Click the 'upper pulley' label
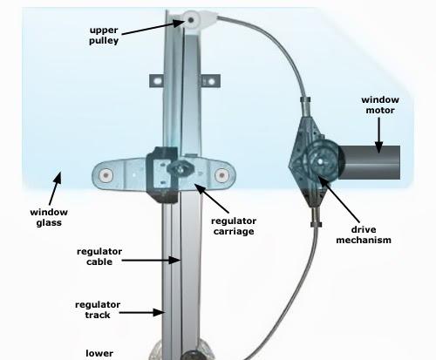pyautogui.click(x=104, y=35)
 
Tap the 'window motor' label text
pyautogui.click(x=380, y=105)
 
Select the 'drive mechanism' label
pyautogui.click(x=364, y=234)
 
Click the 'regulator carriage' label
pyautogui.click(x=234, y=226)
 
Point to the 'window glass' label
pyautogui.click(x=49, y=217)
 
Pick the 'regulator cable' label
pyautogui.click(x=99, y=256)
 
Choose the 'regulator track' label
pyautogui.click(x=98, y=309)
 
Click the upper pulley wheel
pyautogui.click(x=192, y=20)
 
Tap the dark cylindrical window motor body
pyautogui.click(x=371, y=162)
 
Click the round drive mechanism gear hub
pyautogui.click(x=320, y=160)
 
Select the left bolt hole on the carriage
pyautogui.click(x=106, y=175)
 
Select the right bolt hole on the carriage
pyautogui.click(x=221, y=175)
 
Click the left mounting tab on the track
pyautogui.click(x=156, y=81)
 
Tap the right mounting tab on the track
pyautogui.click(x=211, y=81)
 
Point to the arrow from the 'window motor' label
pyautogui.click(x=378, y=135)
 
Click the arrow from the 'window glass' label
pyautogui.click(x=55, y=188)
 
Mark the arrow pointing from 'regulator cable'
pyautogui.click(x=152, y=261)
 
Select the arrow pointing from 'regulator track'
pyautogui.click(x=142, y=313)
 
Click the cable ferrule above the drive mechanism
pyautogui.click(x=305, y=99)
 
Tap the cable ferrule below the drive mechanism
pyautogui.click(x=317, y=224)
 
